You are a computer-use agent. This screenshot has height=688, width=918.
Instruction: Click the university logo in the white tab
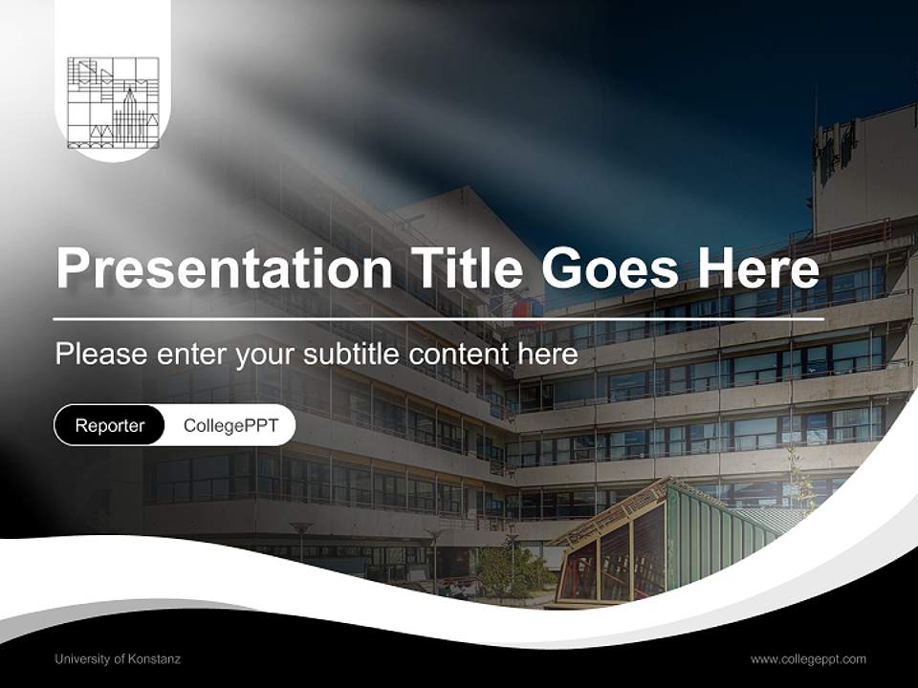[113, 102]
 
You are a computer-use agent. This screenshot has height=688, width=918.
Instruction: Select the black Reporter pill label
[110, 425]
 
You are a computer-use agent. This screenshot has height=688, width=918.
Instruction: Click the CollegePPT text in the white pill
[230, 425]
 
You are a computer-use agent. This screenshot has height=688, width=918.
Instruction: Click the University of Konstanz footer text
[118, 658]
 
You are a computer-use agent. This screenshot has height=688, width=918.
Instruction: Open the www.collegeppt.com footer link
[808, 658]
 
